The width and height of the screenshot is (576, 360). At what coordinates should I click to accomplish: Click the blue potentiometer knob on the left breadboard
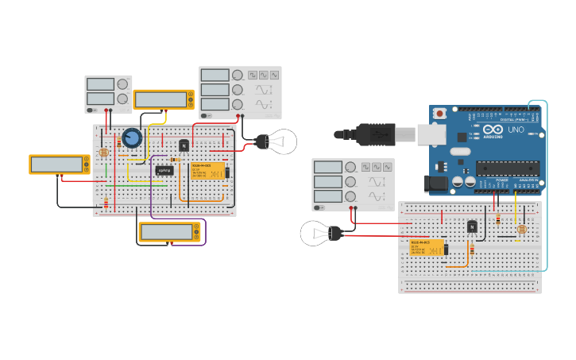pyautogui.click(x=132, y=138)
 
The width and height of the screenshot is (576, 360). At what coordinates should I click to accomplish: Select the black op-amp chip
pyautogui.click(x=164, y=170)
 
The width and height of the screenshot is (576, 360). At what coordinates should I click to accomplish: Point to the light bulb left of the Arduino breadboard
pyautogui.click(x=318, y=234)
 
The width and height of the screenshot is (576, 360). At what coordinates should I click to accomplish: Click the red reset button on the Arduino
pyautogui.click(x=439, y=114)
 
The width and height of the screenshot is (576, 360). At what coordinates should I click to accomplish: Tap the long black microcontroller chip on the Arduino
pyautogui.click(x=507, y=168)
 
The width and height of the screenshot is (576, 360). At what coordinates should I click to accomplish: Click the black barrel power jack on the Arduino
pyautogui.click(x=438, y=184)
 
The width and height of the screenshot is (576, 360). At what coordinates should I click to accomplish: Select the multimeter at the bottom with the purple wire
pyautogui.click(x=168, y=232)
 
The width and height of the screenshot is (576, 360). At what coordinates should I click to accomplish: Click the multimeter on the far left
pyautogui.click(x=59, y=165)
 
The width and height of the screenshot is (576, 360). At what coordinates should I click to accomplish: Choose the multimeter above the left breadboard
pyautogui.click(x=163, y=99)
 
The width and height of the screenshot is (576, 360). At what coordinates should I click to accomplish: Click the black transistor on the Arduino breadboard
pyautogui.click(x=472, y=226)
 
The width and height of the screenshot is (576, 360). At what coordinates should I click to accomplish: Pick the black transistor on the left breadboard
pyautogui.click(x=184, y=145)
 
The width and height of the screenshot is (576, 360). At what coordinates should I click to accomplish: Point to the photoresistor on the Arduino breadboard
pyautogui.click(x=521, y=230)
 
